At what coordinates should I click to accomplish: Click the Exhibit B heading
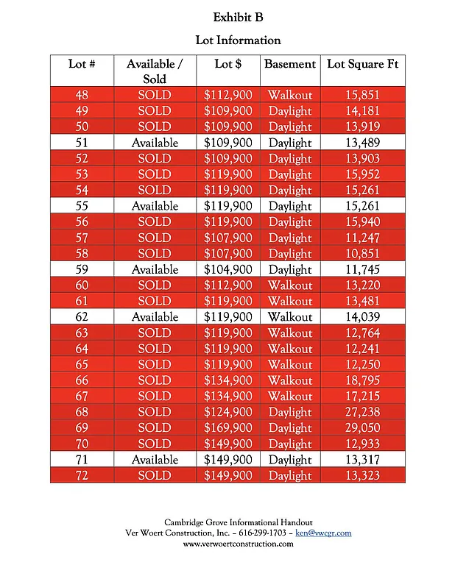pyautogui.click(x=238, y=17)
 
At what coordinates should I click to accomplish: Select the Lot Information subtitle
pyautogui.click(x=238, y=40)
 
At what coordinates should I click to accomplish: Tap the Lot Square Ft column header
pyautogui.click(x=363, y=64)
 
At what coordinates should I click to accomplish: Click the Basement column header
pyautogui.click(x=290, y=64)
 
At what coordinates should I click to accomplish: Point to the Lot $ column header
pyautogui.click(x=228, y=64)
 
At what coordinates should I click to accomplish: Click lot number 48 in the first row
pyautogui.click(x=82, y=95)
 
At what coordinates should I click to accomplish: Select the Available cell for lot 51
pyautogui.click(x=155, y=143)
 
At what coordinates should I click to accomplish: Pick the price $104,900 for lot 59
pyautogui.click(x=228, y=269)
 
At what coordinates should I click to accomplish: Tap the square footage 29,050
pyautogui.click(x=363, y=427)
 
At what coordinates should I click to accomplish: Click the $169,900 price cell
pyautogui.click(x=228, y=427)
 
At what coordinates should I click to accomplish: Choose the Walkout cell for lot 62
pyautogui.click(x=290, y=317)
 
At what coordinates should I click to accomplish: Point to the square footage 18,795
pyautogui.click(x=363, y=380)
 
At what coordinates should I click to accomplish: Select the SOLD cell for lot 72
pyautogui.click(x=155, y=476)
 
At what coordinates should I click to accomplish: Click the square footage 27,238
pyautogui.click(x=363, y=412)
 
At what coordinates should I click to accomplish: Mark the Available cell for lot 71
pyautogui.click(x=155, y=460)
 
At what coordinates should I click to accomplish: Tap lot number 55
pyautogui.click(x=82, y=206)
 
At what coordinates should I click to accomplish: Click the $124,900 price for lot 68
pyautogui.click(x=228, y=412)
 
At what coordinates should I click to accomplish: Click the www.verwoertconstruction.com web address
pyautogui.click(x=238, y=544)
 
